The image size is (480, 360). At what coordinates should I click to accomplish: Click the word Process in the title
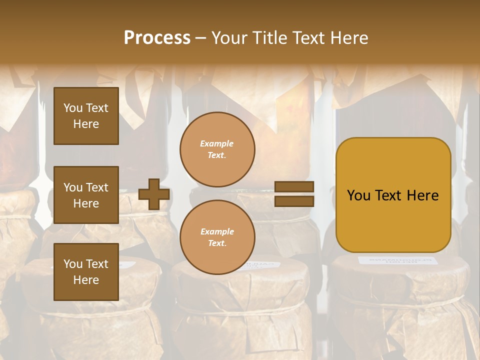click(157, 38)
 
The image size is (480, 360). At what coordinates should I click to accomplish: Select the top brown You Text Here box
click(86, 116)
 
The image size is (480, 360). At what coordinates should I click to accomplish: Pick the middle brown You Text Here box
click(86, 195)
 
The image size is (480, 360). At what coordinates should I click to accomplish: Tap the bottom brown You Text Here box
click(86, 272)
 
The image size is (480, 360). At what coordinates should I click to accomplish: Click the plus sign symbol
click(154, 194)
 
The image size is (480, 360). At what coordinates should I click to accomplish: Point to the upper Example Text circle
click(217, 149)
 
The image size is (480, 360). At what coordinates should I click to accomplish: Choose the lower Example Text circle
click(217, 237)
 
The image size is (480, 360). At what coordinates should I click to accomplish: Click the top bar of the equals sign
click(294, 187)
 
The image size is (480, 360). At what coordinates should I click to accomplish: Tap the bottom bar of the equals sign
click(294, 201)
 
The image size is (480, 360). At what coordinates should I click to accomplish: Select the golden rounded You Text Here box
click(393, 195)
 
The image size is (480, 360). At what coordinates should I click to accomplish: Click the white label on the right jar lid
click(397, 260)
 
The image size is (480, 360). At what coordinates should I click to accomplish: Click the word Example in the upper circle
click(217, 143)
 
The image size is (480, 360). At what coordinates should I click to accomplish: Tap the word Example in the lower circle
click(217, 231)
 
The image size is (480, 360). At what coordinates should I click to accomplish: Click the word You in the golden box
click(358, 195)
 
